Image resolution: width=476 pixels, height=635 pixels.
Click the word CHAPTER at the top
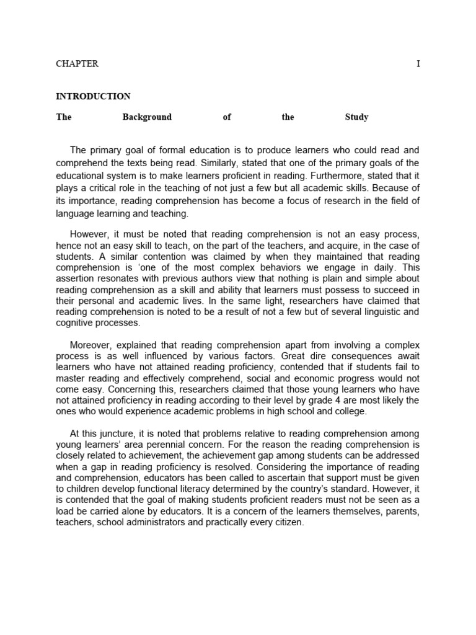pos(77,64)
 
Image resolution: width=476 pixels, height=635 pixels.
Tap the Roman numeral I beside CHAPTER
pos(418,64)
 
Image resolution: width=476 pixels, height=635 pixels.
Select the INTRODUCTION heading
pos(93,96)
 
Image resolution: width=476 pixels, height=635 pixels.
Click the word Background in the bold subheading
pos(147,117)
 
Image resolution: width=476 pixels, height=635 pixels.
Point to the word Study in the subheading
pos(356,117)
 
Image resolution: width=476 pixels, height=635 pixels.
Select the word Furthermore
pos(334,175)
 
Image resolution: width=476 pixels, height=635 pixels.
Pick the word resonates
pos(110,279)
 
